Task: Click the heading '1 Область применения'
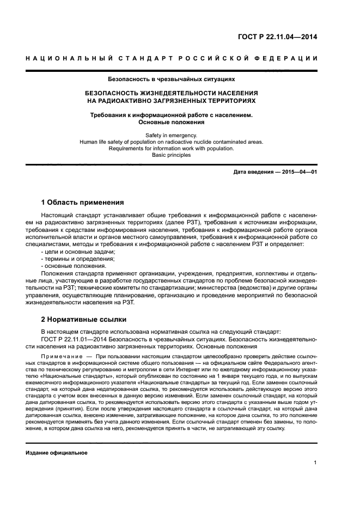(x=82, y=202)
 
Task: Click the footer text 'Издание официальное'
(x=56, y=452)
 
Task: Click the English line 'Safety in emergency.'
(x=171, y=135)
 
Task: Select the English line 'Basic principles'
(x=171, y=155)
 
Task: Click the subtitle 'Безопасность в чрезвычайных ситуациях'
(x=171, y=78)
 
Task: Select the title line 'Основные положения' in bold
(x=171, y=122)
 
